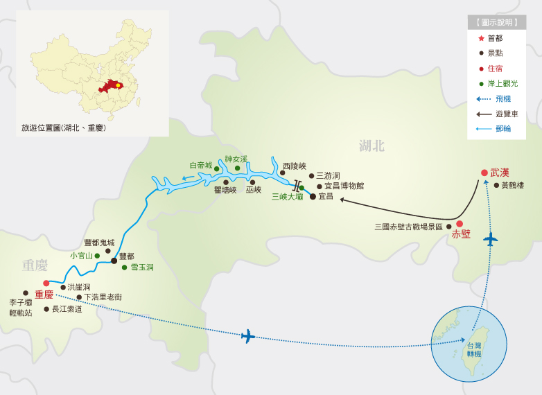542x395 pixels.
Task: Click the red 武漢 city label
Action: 500,173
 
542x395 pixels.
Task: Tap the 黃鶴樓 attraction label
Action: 513,186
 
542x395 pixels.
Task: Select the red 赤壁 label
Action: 461,234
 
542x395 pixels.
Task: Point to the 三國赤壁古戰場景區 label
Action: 408,227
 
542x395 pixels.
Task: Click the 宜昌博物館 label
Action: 344,186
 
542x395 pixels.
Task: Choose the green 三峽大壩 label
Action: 287,197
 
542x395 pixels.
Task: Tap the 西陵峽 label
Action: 294,166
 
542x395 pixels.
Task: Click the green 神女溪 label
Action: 236,159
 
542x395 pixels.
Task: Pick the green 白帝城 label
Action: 201,166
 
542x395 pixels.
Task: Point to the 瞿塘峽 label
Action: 225,190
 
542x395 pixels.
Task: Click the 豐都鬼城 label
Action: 99,243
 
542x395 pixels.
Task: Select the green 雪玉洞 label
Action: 142,267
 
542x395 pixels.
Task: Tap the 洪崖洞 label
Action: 78,287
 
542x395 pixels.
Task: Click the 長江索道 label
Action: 67,309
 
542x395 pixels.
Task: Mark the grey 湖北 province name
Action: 371,146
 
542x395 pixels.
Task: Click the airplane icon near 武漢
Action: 491,240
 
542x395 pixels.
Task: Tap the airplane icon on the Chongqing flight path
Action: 248,336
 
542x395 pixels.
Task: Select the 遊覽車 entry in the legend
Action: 506,114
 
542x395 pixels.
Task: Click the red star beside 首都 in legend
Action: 481,38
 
